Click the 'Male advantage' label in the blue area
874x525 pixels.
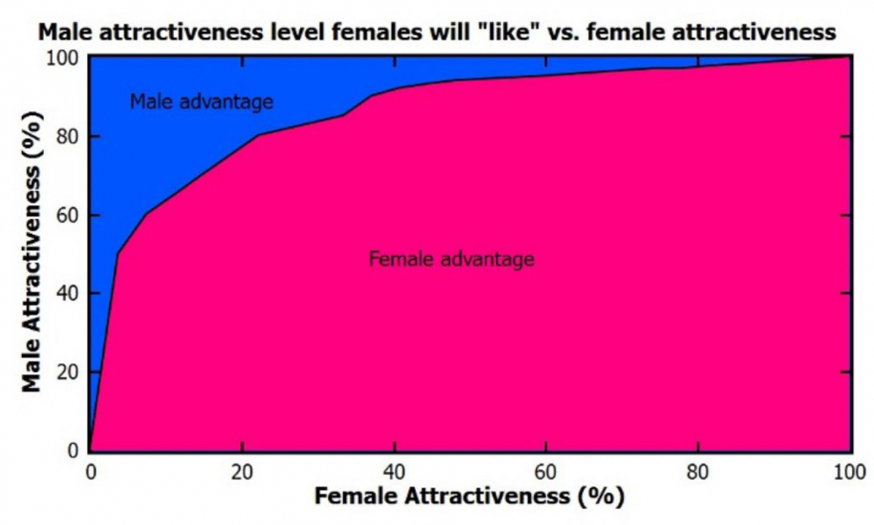202,101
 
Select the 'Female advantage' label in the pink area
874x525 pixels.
452,259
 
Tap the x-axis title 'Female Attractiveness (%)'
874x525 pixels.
469,496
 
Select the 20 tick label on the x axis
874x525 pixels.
242,470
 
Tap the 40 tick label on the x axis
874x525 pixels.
394,470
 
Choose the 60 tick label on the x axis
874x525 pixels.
546,470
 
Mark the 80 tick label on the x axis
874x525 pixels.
698,470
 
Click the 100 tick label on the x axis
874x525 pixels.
849,470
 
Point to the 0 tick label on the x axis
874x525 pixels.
90,470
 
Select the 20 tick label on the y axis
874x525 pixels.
68,373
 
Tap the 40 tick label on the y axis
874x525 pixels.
68,294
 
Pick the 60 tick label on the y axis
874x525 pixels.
68,216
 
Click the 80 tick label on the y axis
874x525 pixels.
68,137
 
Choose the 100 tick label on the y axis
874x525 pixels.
63,58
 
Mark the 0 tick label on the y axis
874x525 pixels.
73,451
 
